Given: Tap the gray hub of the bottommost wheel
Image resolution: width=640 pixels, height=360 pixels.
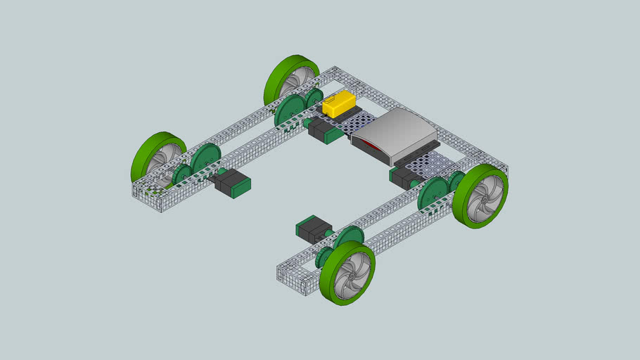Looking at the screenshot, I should [x=351, y=275].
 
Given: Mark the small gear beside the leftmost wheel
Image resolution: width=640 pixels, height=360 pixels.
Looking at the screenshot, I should [x=182, y=174].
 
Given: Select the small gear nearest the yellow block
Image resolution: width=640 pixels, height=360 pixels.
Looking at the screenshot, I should [x=314, y=98].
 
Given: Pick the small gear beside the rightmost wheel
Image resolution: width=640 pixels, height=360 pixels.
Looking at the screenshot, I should [x=457, y=181].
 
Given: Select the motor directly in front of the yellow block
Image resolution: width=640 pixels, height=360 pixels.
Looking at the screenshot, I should [x=326, y=130].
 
